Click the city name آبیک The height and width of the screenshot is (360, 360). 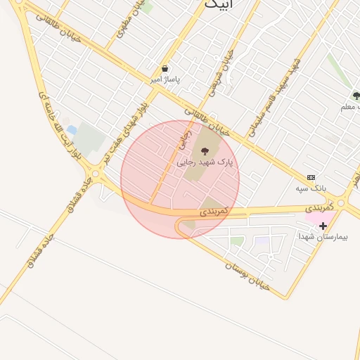tap(219, 4)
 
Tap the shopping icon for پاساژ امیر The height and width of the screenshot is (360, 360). tap(165, 69)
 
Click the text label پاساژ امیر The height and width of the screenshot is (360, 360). tap(165, 79)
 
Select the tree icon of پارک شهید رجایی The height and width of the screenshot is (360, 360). tap(205, 151)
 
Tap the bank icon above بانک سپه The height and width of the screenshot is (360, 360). tap(311, 178)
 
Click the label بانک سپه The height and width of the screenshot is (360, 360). tap(311, 188)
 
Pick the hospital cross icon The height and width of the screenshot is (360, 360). tap(323, 226)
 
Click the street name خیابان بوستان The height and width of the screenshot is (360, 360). tap(248, 276)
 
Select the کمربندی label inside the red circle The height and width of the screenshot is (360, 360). tap(214, 210)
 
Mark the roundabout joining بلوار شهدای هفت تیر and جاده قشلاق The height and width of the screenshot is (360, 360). tap(95, 173)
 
